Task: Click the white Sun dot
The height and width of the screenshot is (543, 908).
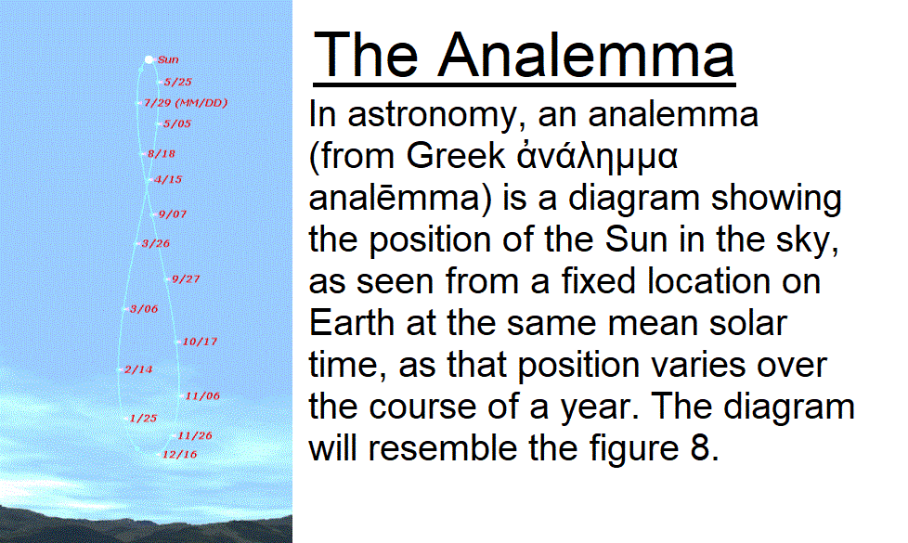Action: click(149, 59)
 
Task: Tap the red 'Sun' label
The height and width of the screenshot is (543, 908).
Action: click(168, 59)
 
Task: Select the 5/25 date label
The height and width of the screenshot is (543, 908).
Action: click(177, 83)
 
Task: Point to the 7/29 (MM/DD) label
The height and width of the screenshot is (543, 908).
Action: click(186, 103)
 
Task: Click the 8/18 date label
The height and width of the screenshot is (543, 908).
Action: click(161, 154)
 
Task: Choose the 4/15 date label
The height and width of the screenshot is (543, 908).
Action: click(168, 179)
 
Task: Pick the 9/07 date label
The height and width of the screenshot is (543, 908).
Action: click(173, 214)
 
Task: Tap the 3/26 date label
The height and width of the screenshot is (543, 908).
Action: click(156, 244)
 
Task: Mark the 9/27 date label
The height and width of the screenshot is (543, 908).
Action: click(186, 279)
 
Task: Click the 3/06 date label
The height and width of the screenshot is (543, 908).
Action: click(144, 309)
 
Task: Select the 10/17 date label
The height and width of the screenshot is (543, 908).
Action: click(200, 342)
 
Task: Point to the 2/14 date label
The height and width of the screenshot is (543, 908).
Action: click(137, 369)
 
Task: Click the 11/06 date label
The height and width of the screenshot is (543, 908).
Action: click(202, 396)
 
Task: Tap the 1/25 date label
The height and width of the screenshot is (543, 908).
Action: click(143, 418)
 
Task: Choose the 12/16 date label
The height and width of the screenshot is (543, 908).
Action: click(179, 455)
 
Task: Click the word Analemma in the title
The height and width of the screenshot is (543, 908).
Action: click(586, 55)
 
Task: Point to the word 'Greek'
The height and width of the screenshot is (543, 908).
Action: click(456, 156)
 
